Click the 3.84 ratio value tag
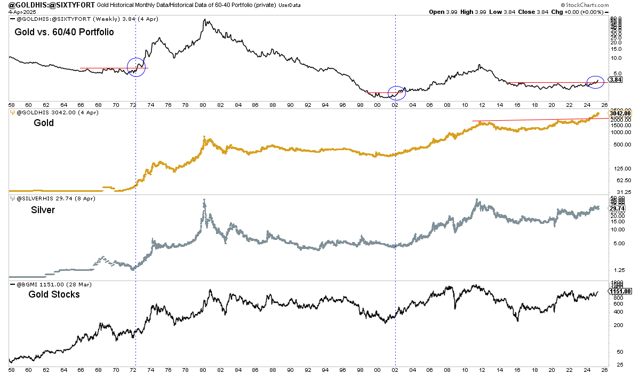coord(616,80)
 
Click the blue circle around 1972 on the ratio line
coord(137,67)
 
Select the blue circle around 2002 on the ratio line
coord(397,93)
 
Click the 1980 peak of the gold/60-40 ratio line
coord(205,20)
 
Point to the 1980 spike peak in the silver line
coord(204,200)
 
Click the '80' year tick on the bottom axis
coord(203,368)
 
